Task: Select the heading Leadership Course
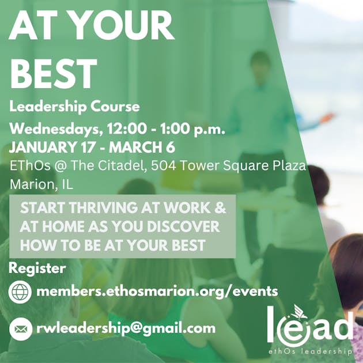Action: (x=75, y=107)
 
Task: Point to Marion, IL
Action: (x=41, y=184)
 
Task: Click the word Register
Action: (x=37, y=268)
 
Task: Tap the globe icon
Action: (x=20, y=292)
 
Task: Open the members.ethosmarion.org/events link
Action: (x=157, y=291)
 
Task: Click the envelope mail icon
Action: (x=20, y=328)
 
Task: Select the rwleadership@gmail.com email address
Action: (x=126, y=328)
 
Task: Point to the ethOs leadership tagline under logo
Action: (x=310, y=351)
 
